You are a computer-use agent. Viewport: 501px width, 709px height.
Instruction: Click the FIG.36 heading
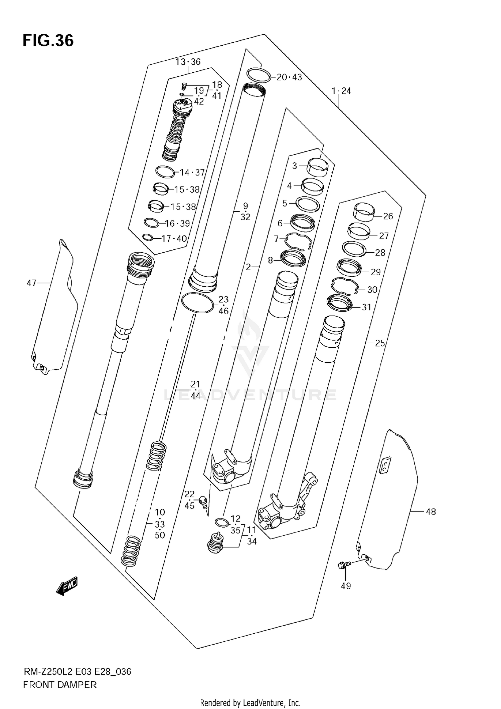pyautogui.click(x=48, y=41)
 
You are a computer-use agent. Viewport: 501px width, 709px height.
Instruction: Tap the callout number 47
pyautogui.click(x=31, y=283)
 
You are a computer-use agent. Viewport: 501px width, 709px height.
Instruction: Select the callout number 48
pyautogui.click(x=431, y=511)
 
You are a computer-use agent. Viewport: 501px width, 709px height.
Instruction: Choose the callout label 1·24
pyautogui.click(x=341, y=91)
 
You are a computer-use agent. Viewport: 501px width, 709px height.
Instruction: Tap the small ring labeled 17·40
pyautogui.click(x=147, y=237)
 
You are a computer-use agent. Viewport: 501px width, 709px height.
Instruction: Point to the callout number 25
pyautogui.click(x=380, y=343)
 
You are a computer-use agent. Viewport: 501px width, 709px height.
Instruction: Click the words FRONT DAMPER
pyautogui.click(x=60, y=685)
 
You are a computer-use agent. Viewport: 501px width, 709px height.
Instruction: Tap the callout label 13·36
pyautogui.click(x=188, y=62)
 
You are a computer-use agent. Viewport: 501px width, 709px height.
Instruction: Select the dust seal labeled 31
pyautogui.click(x=339, y=303)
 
